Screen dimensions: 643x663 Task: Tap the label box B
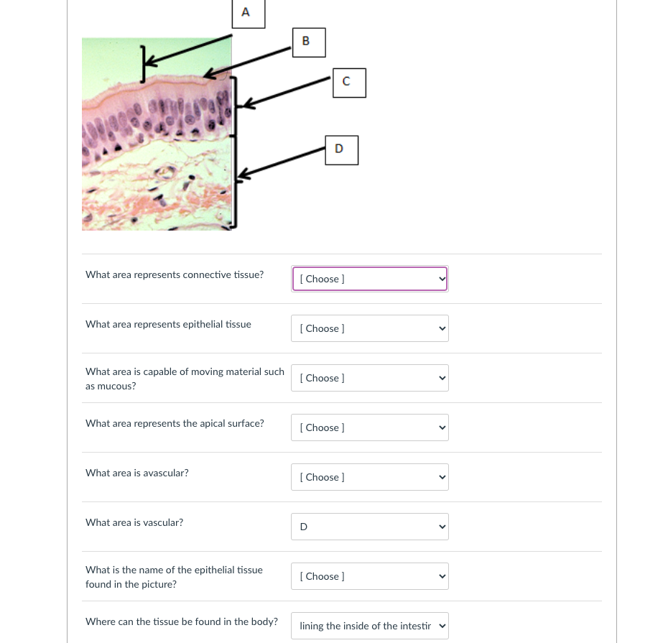(x=309, y=42)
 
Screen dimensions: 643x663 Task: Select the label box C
(x=349, y=82)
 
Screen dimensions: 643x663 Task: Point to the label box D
(x=341, y=149)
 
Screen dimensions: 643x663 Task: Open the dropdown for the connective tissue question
(x=370, y=279)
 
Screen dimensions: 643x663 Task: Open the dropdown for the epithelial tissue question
(x=370, y=328)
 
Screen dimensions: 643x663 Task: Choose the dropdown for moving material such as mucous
(x=370, y=378)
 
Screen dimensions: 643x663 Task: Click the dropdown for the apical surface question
(x=370, y=427)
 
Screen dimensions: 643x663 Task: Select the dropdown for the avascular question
(x=370, y=477)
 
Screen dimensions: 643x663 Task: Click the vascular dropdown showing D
(x=370, y=527)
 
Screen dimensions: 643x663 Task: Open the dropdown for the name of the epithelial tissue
(x=370, y=576)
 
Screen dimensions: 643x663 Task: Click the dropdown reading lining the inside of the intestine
(x=370, y=626)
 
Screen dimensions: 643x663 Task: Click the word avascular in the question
(x=166, y=473)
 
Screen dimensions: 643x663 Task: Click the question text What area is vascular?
(x=134, y=522)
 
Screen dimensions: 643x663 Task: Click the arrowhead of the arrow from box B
(x=206, y=75)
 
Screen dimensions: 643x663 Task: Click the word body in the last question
(x=262, y=621)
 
